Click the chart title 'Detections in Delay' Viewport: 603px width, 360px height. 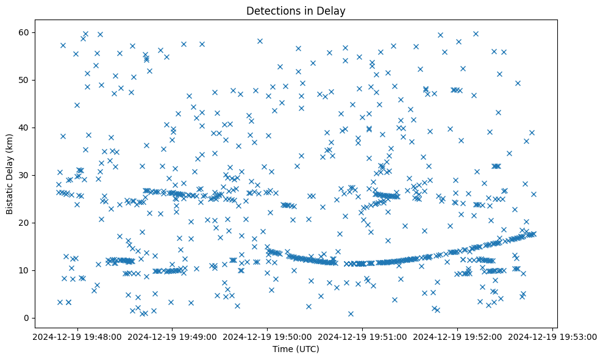pos(296,10)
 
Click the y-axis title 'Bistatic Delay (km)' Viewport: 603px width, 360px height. pos(10,174)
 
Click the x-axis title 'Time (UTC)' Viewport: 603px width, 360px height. pos(296,350)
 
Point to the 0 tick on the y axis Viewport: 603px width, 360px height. pos(26,318)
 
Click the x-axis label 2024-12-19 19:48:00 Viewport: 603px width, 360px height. pos(76,337)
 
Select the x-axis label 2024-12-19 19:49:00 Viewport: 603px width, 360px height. pos(172,337)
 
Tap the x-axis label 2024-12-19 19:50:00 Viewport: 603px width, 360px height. pos(267,337)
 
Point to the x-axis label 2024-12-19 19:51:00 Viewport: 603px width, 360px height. pos(363,337)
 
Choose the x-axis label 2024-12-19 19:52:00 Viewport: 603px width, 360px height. pos(458,337)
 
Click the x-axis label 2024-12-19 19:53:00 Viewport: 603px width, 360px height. pos(553,337)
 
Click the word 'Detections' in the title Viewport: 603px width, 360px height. pos(270,10)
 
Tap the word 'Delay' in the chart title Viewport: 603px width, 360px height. pos(333,10)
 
